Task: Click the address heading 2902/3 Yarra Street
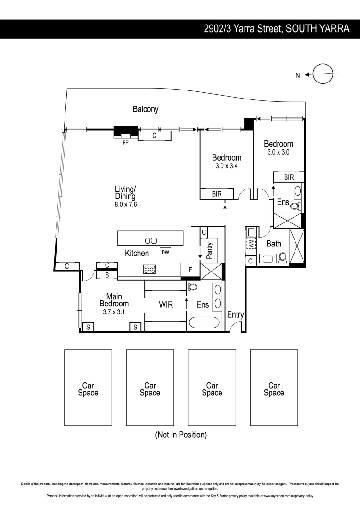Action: pyautogui.click(x=276, y=29)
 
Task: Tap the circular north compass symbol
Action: pyautogui.click(x=323, y=74)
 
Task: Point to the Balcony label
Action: pyautogui.click(x=145, y=109)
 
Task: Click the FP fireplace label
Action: pyautogui.click(x=125, y=143)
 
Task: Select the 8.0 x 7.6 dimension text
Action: pyautogui.click(x=125, y=205)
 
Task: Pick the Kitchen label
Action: pyautogui.click(x=137, y=253)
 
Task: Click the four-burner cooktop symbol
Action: pyautogui.click(x=150, y=270)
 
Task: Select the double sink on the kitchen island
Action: pyautogui.click(x=151, y=240)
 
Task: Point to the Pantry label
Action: pyautogui.click(x=210, y=251)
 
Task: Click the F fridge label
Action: pyautogui.click(x=190, y=270)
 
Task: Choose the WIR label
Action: pyautogui.click(x=165, y=305)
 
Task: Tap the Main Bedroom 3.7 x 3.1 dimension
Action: pyautogui.click(x=114, y=312)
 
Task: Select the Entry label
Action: pyautogui.click(x=235, y=314)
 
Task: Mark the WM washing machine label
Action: pyautogui.click(x=251, y=245)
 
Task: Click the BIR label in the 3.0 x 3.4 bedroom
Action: pyautogui.click(x=216, y=194)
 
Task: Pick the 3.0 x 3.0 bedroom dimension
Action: pyautogui.click(x=278, y=152)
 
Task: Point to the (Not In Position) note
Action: pyautogui.click(x=181, y=435)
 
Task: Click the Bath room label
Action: pyautogui.click(x=274, y=244)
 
